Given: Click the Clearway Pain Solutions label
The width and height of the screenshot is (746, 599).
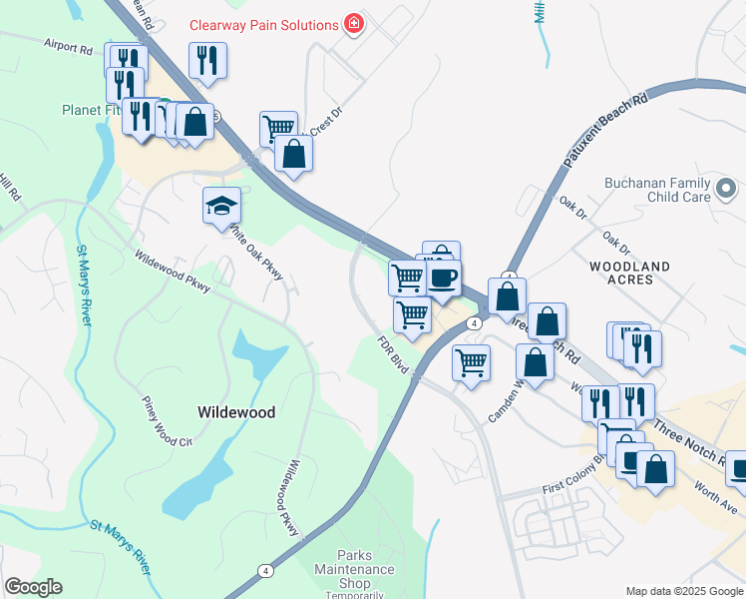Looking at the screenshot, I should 262,23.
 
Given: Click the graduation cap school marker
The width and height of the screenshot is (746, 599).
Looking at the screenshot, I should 222,207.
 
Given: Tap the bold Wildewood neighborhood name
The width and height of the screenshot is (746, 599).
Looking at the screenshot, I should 236,411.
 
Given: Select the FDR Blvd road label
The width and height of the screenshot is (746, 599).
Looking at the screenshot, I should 394,354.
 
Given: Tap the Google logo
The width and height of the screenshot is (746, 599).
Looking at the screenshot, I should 33,587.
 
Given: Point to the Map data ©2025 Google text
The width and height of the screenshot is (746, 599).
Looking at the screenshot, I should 684,591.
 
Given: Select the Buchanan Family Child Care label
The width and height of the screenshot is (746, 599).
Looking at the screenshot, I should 657,191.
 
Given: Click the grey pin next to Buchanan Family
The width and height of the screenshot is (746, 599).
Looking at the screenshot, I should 726,187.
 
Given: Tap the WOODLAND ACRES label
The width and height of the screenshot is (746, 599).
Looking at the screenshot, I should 628,273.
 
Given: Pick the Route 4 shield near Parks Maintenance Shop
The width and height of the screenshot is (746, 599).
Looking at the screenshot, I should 264,571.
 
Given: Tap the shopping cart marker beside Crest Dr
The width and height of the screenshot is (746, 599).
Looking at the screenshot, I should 278,128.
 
